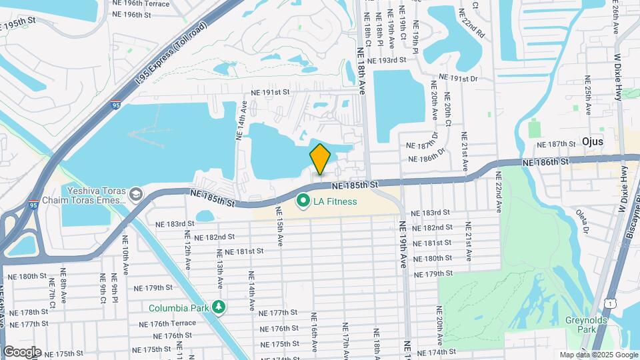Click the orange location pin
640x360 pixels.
320,159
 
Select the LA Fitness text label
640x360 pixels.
336,201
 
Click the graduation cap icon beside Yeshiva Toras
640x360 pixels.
136,194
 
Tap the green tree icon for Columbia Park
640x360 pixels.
219,307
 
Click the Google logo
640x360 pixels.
22,351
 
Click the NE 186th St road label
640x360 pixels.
545,162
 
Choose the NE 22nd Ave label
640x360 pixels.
498,192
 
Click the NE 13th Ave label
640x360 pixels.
219,269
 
